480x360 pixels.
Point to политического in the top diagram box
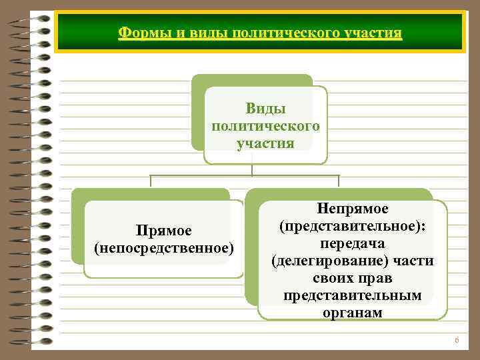pyautogui.click(x=265, y=126)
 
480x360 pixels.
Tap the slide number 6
pyautogui.click(x=457, y=341)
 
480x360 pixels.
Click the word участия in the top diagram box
pyautogui.click(x=265, y=143)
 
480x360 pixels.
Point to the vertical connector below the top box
pyautogui.click(x=252, y=170)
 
